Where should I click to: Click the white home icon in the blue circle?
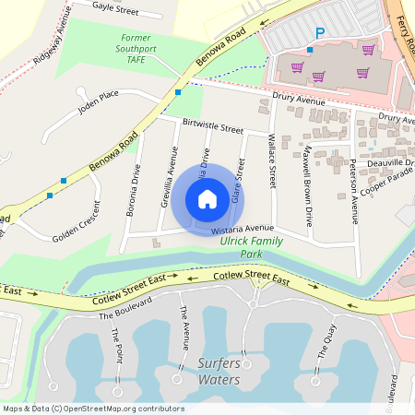click(x=207, y=198)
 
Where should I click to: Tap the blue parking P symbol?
click(x=320, y=32)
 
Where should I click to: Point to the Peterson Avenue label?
click(x=353, y=189)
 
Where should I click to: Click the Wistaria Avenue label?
click(x=244, y=227)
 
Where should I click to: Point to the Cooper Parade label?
click(x=386, y=182)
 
